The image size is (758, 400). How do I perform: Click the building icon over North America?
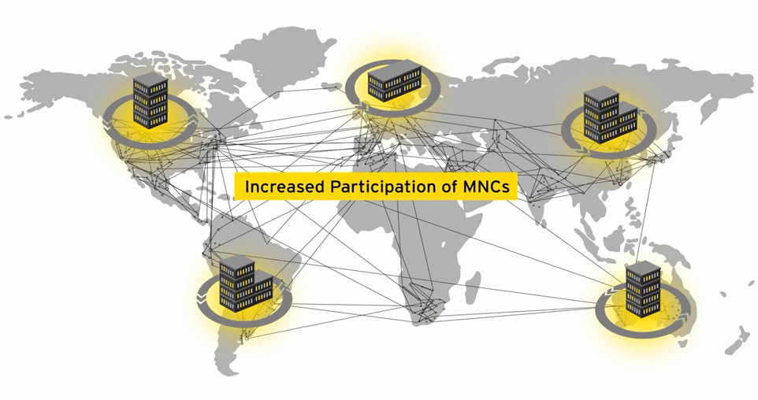pos(150,102)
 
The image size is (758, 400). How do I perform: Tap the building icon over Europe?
pos(394,81)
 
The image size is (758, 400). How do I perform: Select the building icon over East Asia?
pos(610,115)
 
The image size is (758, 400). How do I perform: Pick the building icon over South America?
pos(245,284)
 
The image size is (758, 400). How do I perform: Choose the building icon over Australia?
pos(643,289)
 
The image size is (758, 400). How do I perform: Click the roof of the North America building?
pos(150,80)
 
